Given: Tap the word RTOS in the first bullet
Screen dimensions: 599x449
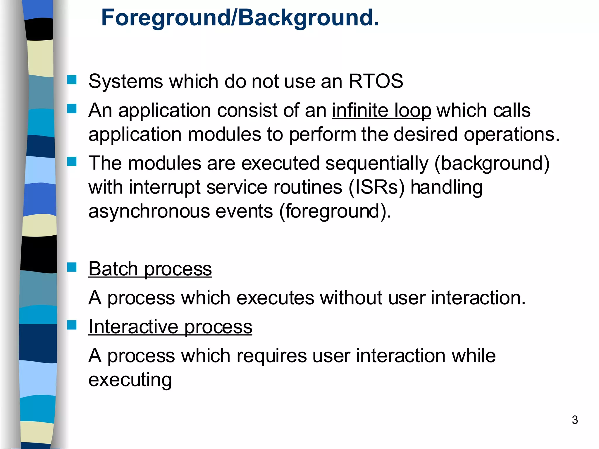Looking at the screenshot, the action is (376, 81).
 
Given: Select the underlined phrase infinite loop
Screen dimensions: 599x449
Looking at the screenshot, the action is (381, 110).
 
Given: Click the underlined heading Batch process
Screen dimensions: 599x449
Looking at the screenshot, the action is (150, 269).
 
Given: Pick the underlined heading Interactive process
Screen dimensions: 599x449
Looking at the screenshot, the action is (170, 327).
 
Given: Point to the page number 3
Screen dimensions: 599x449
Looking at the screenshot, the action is (575, 420).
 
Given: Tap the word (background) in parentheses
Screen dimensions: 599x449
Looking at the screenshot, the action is (492, 163).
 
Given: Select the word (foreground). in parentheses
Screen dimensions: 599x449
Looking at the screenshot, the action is (335, 211).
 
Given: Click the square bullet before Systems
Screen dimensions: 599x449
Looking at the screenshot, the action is (72, 80).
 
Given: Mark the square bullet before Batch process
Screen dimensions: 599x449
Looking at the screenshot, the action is (72, 267).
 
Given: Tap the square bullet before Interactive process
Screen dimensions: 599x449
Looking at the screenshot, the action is (72, 325).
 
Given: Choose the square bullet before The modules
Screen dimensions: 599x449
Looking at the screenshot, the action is (72, 161).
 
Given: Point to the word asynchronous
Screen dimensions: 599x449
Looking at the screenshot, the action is (149, 211).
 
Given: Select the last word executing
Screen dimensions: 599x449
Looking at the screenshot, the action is (130, 380).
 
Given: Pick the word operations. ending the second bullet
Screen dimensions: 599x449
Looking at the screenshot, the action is (512, 134).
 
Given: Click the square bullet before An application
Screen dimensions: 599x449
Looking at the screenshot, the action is (72, 109).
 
